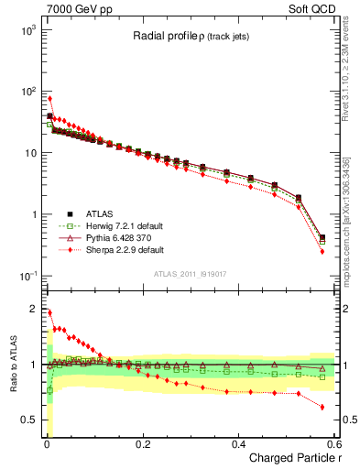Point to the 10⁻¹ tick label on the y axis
pos(25,276)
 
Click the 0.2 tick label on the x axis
pos(142,443)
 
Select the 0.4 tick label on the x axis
pos(238,443)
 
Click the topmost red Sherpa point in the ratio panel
pos(49,312)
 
